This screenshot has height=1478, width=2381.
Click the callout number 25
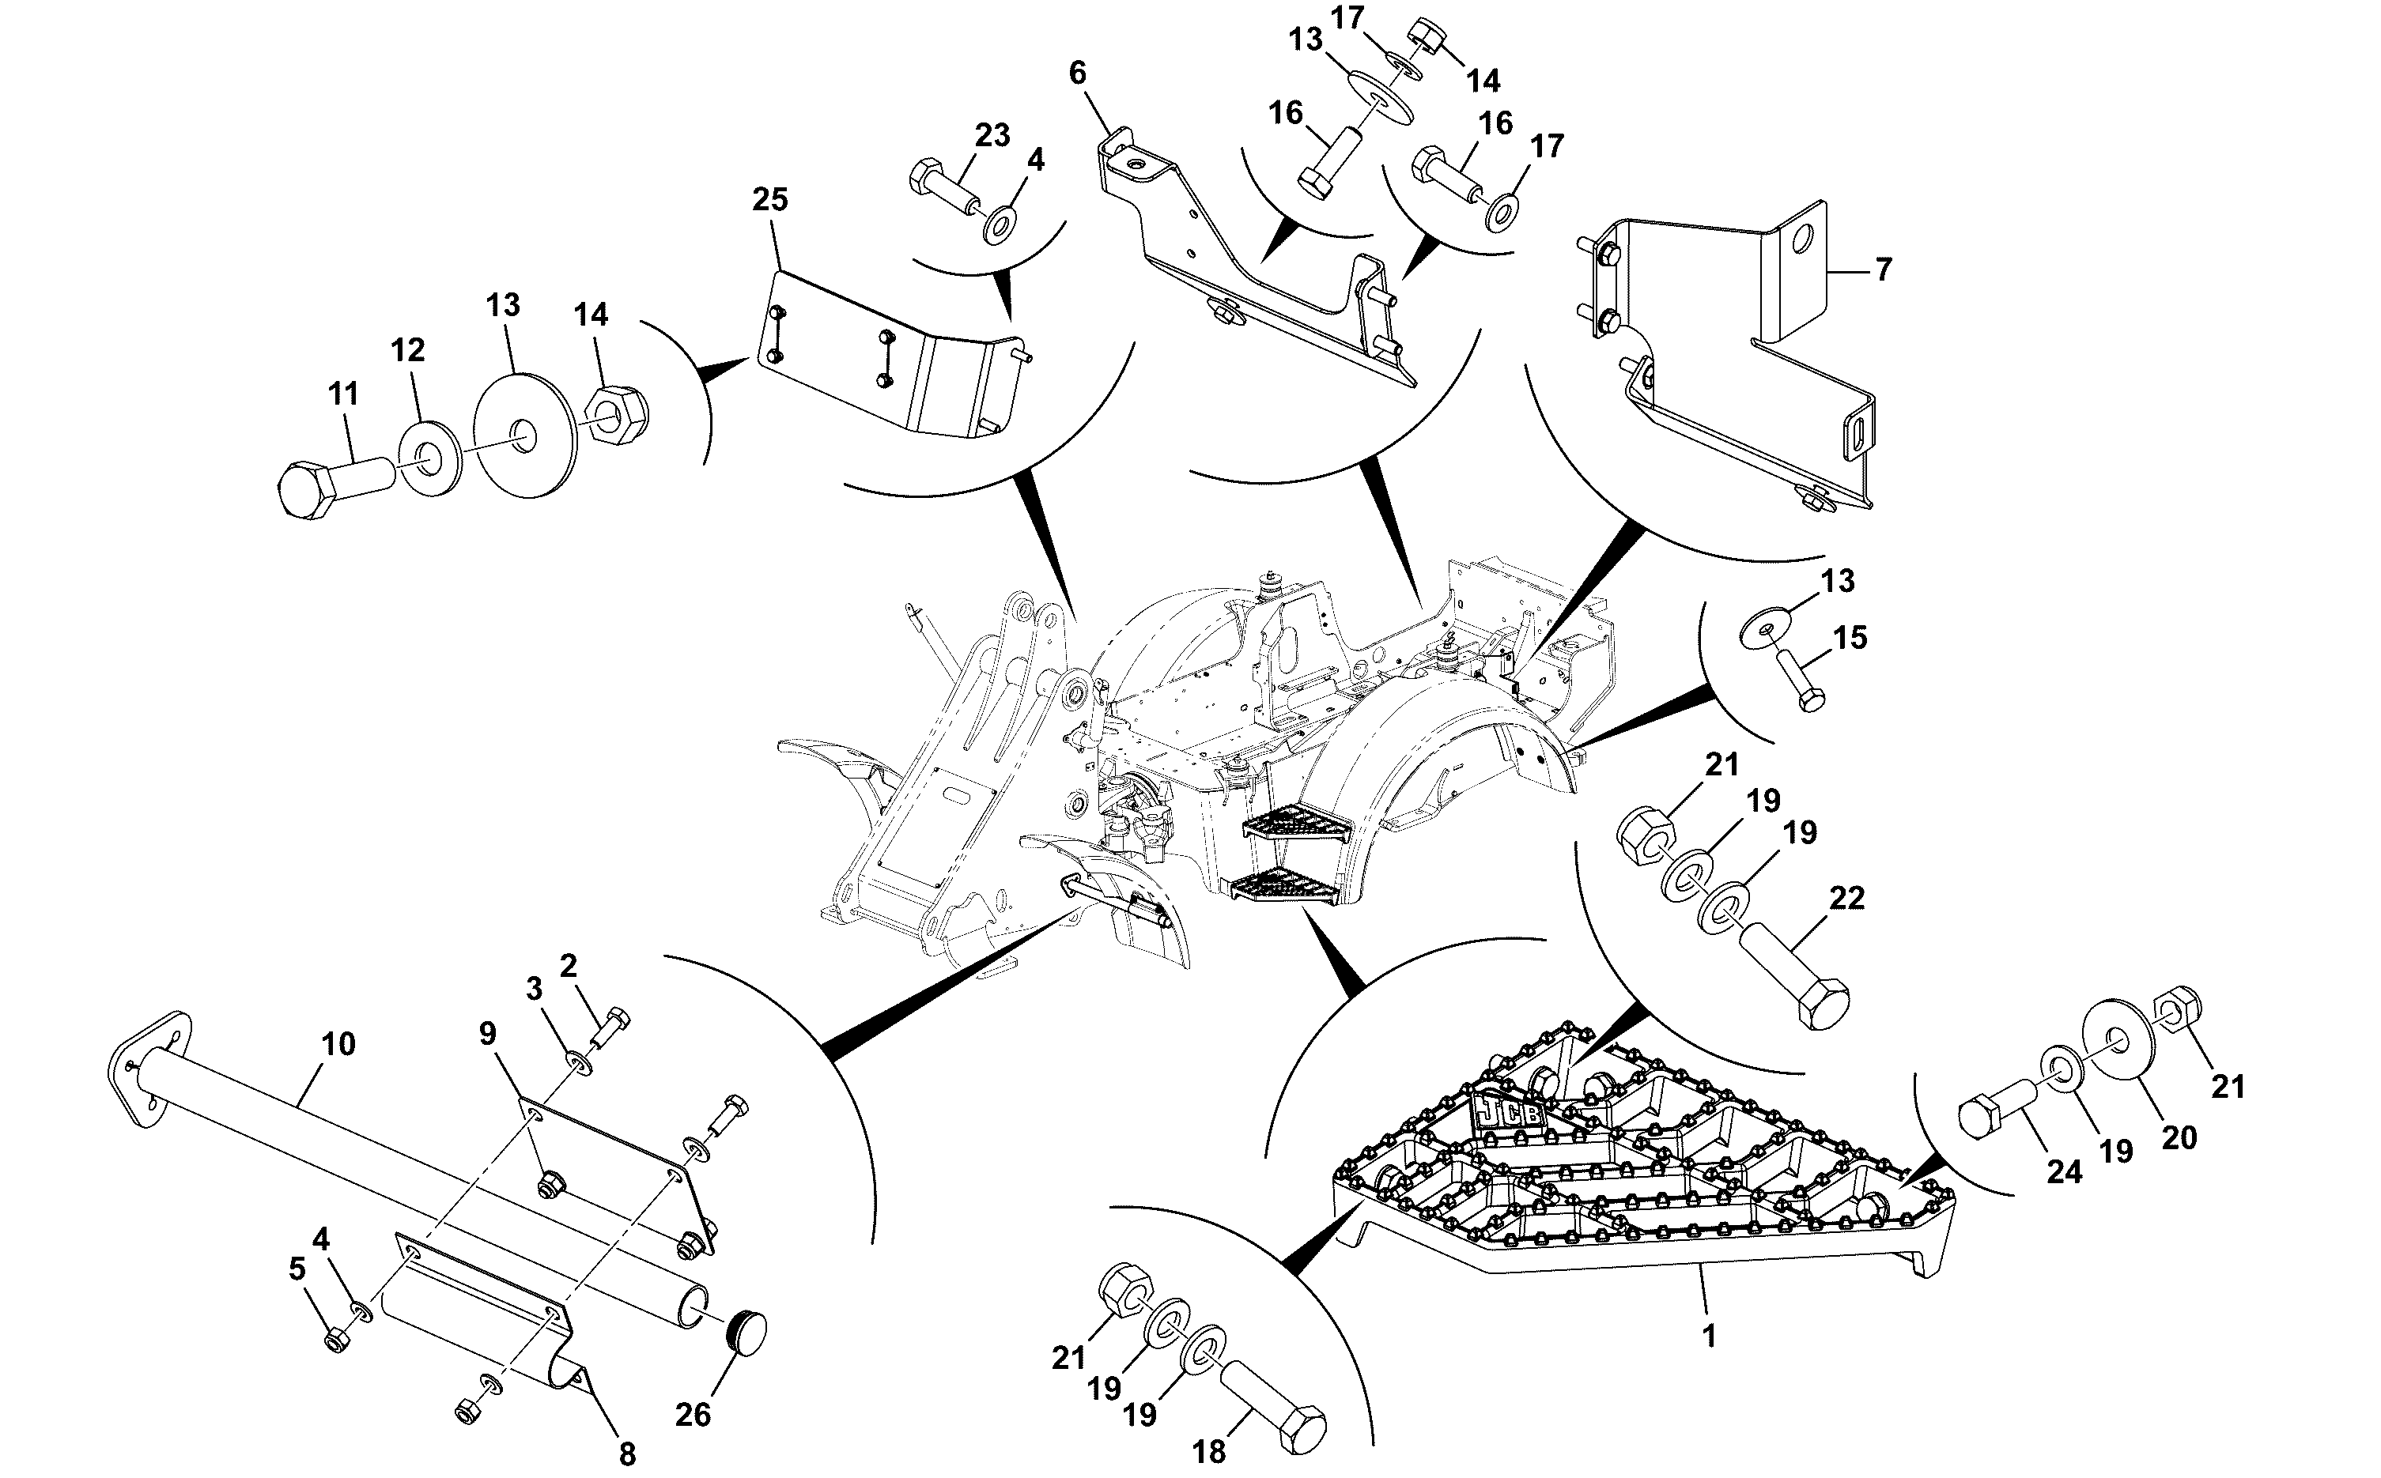point(769,199)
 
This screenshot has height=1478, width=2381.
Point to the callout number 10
point(338,1044)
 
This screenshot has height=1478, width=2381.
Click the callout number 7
point(1884,269)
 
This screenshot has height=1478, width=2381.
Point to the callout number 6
point(1078,73)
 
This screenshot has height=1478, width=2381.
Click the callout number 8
point(627,1454)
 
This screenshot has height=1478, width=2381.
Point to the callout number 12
point(408,350)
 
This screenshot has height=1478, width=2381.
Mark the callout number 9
point(488,1033)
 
